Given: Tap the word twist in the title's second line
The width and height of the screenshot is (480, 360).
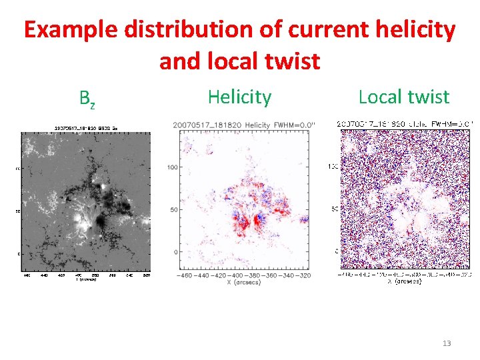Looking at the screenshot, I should (x=291, y=61).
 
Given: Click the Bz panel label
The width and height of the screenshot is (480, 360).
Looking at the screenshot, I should (x=87, y=99).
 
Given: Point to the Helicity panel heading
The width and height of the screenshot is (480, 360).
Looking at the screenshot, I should (x=239, y=97).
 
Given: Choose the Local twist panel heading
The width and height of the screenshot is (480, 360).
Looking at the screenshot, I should (x=404, y=97).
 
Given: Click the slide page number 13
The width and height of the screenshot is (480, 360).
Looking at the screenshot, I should (x=447, y=343).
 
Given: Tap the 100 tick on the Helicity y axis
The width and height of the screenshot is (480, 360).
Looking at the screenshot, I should (x=172, y=167).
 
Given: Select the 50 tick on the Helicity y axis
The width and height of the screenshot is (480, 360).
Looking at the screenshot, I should (x=173, y=210).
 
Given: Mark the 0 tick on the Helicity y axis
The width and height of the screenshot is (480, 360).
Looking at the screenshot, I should (x=175, y=252).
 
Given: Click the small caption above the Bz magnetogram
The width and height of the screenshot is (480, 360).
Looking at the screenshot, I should (x=86, y=127).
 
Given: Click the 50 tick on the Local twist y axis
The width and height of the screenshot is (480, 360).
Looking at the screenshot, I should (x=335, y=209).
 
